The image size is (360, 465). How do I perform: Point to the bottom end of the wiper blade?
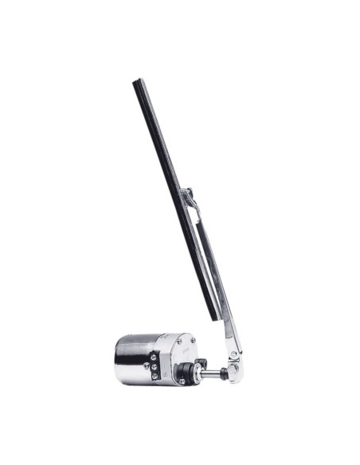pyautogui.click(x=214, y=318)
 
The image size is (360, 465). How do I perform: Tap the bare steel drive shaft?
pyautogui.click(x=209, y=370)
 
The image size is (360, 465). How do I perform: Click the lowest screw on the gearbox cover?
pyautogui.click(x=182, y=381)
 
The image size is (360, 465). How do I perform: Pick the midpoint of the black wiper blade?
pyautogui.click(x=175, y=199)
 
